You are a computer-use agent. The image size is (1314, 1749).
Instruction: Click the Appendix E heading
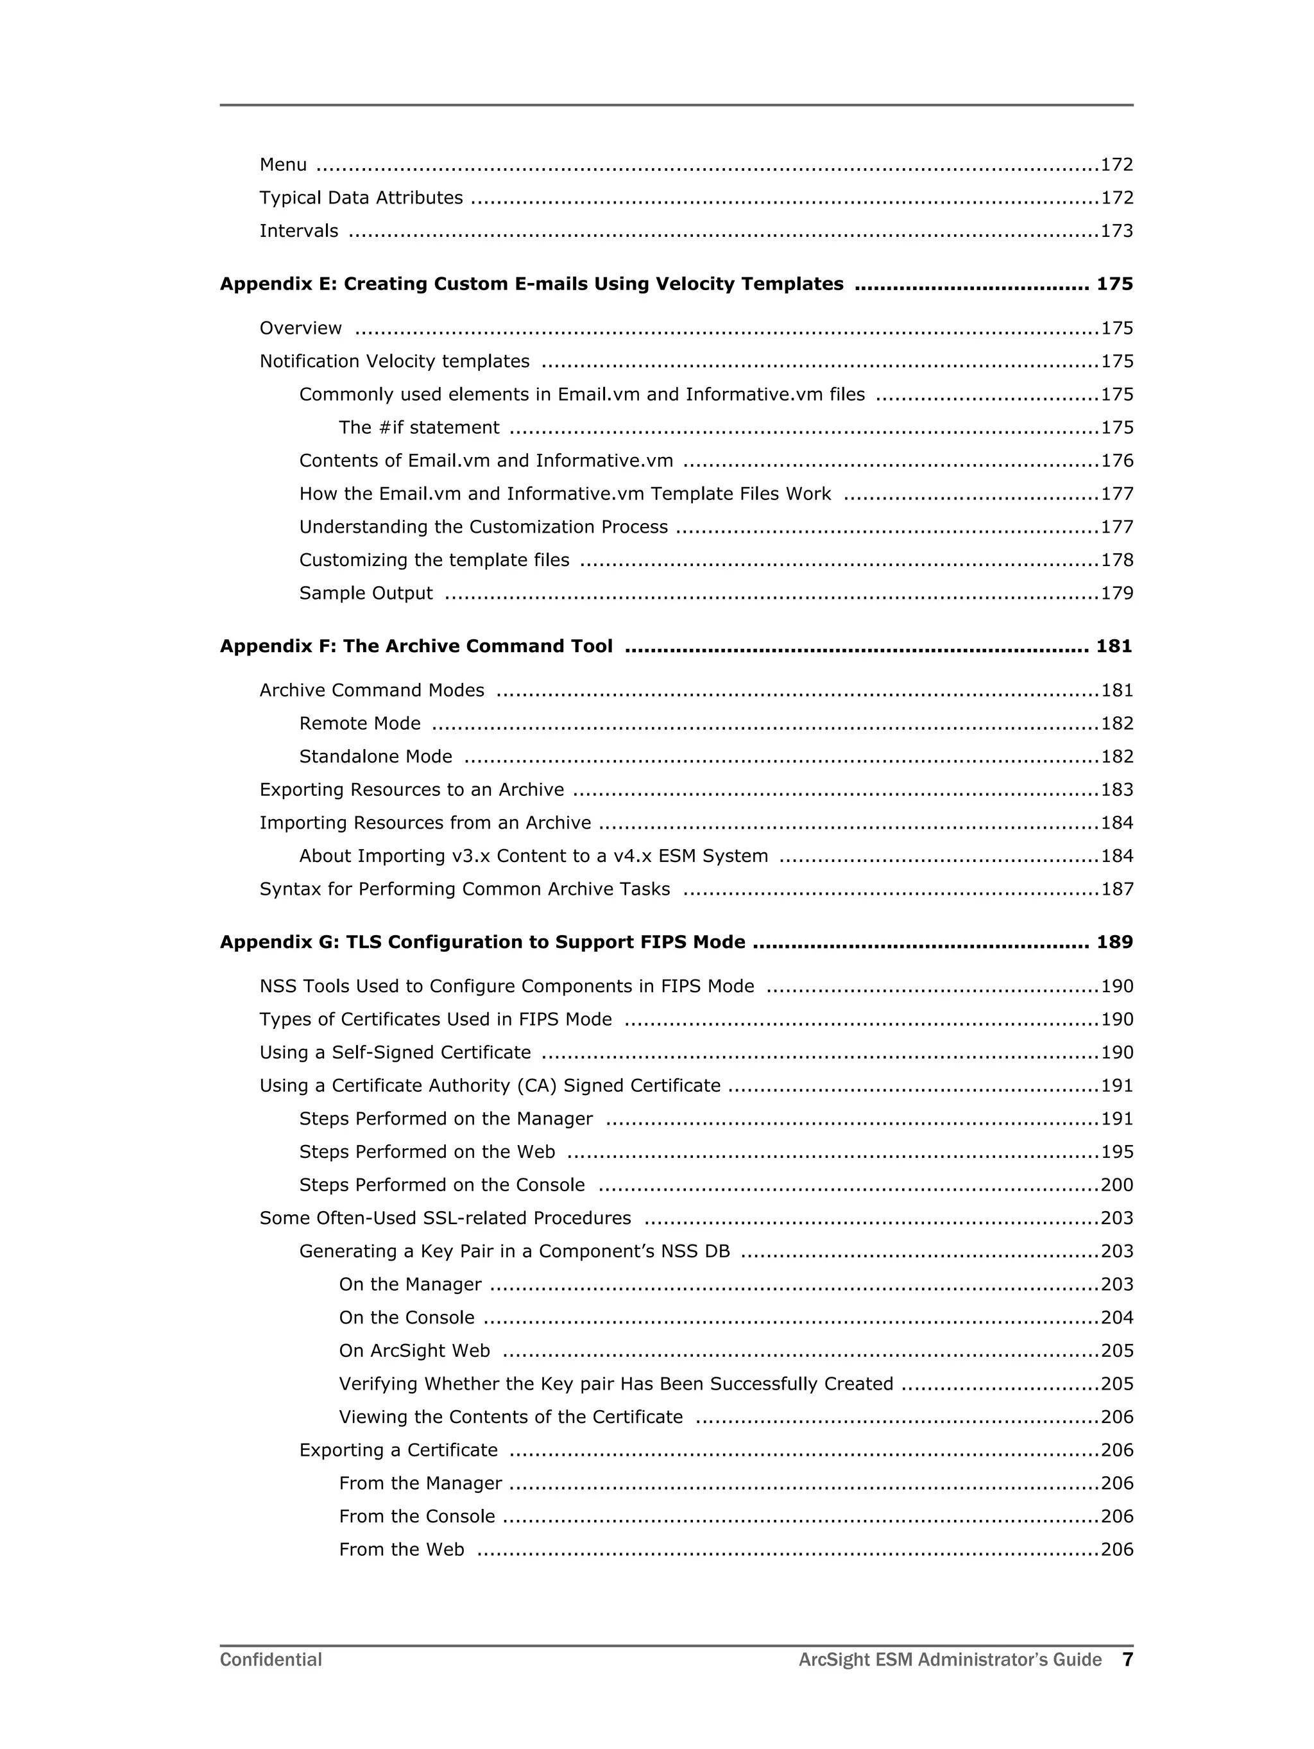(531, 284)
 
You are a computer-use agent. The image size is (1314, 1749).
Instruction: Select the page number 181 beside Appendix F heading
(1113, 646)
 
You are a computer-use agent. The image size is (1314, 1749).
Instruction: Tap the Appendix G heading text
(482, 942)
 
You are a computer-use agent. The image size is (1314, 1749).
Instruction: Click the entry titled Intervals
(299, 231)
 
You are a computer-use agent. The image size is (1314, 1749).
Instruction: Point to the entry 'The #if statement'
(419, 427)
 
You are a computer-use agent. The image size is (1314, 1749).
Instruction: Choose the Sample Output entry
(366, 593)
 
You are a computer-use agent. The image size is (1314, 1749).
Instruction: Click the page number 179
(1116, 593)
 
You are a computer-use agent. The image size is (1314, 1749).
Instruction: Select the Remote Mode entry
(360, 723)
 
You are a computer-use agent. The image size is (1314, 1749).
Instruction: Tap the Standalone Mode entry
(375, 757)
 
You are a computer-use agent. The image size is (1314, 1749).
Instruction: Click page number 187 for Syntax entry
(1116, 889)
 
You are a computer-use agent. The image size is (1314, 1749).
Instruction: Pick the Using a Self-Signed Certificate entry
(395, 1053)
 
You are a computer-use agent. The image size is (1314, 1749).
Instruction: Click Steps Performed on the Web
(427, 1152)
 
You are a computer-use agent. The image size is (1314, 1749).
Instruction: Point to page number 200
(1116, 1185)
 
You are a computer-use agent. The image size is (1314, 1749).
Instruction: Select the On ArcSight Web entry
(414, 1350)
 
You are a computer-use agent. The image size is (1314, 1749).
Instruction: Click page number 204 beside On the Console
(1116, 1317)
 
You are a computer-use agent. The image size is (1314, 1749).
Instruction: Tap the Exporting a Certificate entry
(398, 1450)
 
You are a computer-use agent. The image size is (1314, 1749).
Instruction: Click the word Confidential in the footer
(270, 1660)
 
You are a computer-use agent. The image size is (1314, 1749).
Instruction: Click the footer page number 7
(1127, 1659)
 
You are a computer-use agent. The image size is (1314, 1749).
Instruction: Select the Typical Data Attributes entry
(361, 198)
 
